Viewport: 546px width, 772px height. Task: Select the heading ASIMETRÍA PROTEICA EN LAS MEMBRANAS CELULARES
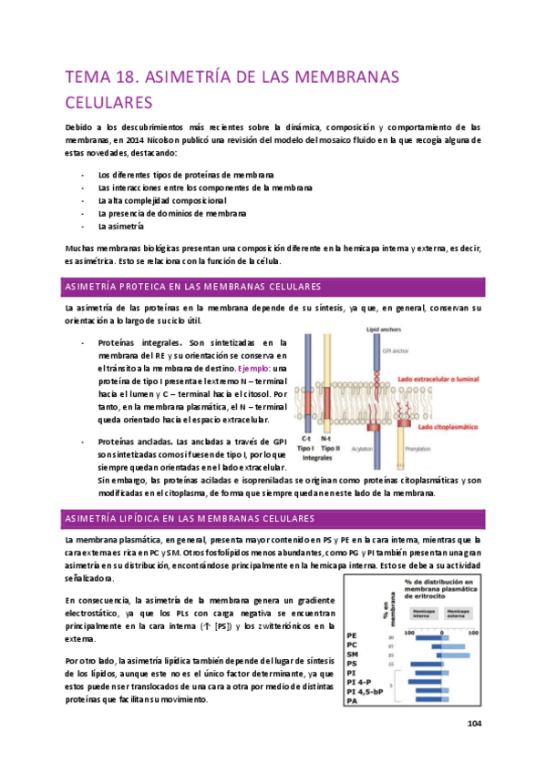[x=188, y=287]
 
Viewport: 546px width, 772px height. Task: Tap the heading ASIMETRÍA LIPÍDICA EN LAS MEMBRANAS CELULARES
[x=188, y=518]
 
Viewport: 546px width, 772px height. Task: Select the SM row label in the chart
[x=353, y=654]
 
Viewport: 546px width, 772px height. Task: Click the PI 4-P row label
[x=359, y=682]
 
